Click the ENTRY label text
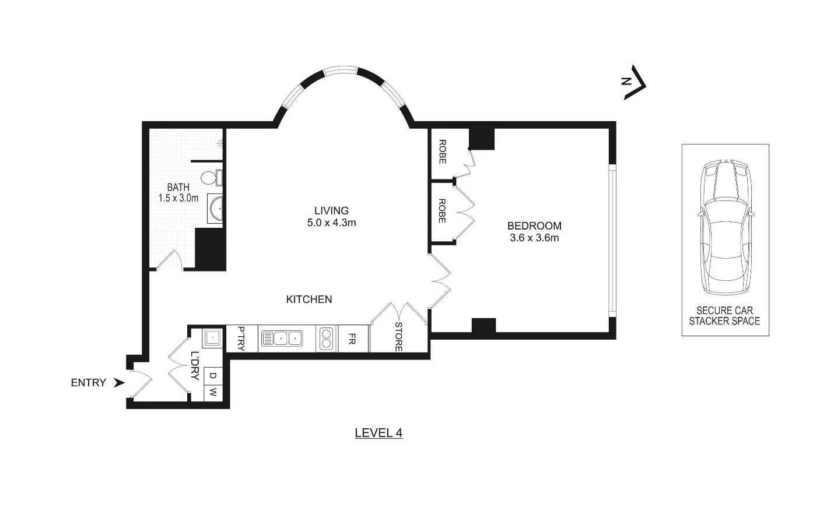88,383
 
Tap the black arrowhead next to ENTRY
119,383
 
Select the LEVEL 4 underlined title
379,433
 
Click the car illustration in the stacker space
726,227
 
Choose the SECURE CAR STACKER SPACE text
725,316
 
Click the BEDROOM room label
534,226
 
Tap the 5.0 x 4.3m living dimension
331,223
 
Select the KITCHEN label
309,299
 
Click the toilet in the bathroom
209,177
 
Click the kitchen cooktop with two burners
325,338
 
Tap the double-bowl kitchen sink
282,338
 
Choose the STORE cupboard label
399,337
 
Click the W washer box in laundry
213,393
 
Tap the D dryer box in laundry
213,377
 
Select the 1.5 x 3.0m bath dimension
178,198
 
